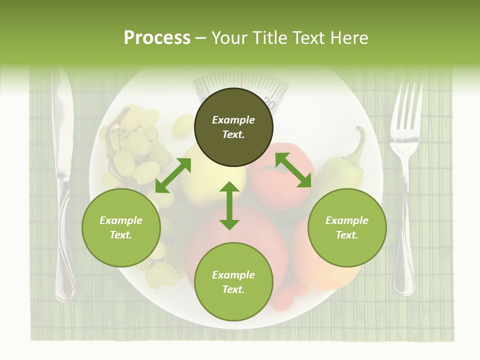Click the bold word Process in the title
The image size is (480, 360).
pyautogui.click(x=157, y=38)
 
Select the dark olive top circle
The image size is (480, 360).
pyautogui.click(x=233, y=127)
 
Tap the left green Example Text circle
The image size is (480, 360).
pyautogui.click(x=121, y=227)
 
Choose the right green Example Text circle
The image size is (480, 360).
pyautogui.click(x=347, y=227)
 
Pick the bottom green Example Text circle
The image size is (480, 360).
pyautogui.click(x=233, y=282)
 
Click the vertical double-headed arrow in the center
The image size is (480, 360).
pyautogui.click(x=229, y=205)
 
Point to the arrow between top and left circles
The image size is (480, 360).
pyautogui.click(x=173, y=175)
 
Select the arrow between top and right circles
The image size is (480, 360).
pyautogui.click(x=293, y=170)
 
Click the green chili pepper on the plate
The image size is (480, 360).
pyautogui.click(x=340, y=165)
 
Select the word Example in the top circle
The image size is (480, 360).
pyautogui.click(x=233, y=120)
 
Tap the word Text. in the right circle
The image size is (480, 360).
pyautogui.click(x=347, y=235)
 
